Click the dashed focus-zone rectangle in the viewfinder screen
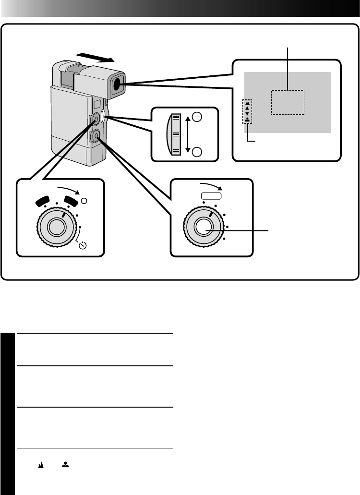pos(288,102)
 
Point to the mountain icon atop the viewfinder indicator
pos(248,103)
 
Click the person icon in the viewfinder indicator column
pos(248,120)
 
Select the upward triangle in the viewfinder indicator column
pos(248,109)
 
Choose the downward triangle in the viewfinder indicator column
pos(248,114)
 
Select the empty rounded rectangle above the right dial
pos(211,195)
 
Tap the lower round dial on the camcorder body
pos(96,137)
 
